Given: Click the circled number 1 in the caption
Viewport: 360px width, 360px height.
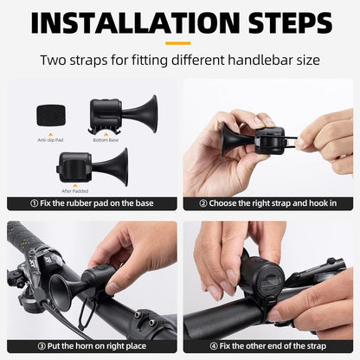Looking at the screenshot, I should click(x=35, y=204).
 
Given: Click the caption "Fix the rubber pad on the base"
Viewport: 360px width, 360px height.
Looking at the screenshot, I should click(x=94, y=204).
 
